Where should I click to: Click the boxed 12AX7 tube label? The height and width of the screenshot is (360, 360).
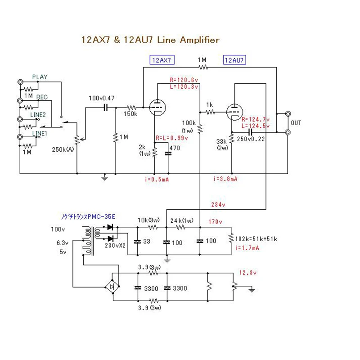[x=162, y=60]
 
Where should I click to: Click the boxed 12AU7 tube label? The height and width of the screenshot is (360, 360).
[x=235, y=60]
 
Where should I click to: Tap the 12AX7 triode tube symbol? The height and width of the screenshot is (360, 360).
[x=157, y=107]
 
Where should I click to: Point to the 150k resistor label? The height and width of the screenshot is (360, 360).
[x=130, y=114]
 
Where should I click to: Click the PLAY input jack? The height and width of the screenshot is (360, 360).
[x=20, y=82]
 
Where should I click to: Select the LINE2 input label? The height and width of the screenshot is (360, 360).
[x=38, y=115]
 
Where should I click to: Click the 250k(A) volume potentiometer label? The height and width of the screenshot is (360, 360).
[x=63, y=149]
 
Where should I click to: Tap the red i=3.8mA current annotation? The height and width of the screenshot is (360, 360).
[x=225, y=179]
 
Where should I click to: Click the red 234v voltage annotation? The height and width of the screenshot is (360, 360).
[x=219, y=204]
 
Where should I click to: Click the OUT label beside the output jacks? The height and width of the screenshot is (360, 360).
[x=296, y=123]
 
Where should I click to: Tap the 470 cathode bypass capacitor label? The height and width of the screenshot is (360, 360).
[x=174, y=147]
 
